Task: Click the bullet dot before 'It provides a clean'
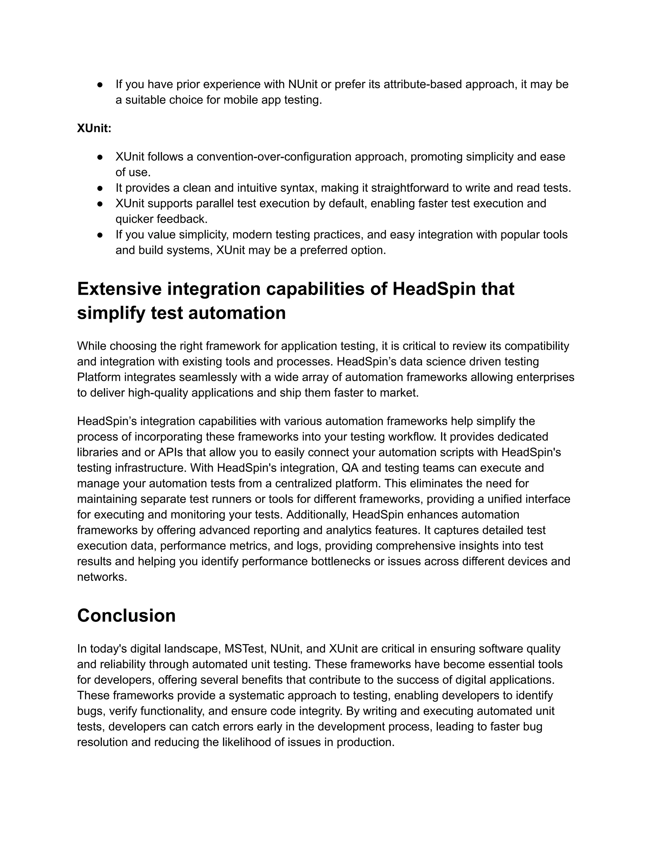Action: tap(100, 188)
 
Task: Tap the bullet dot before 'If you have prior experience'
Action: tap(100, 84)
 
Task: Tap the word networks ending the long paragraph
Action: tap(102, 577)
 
